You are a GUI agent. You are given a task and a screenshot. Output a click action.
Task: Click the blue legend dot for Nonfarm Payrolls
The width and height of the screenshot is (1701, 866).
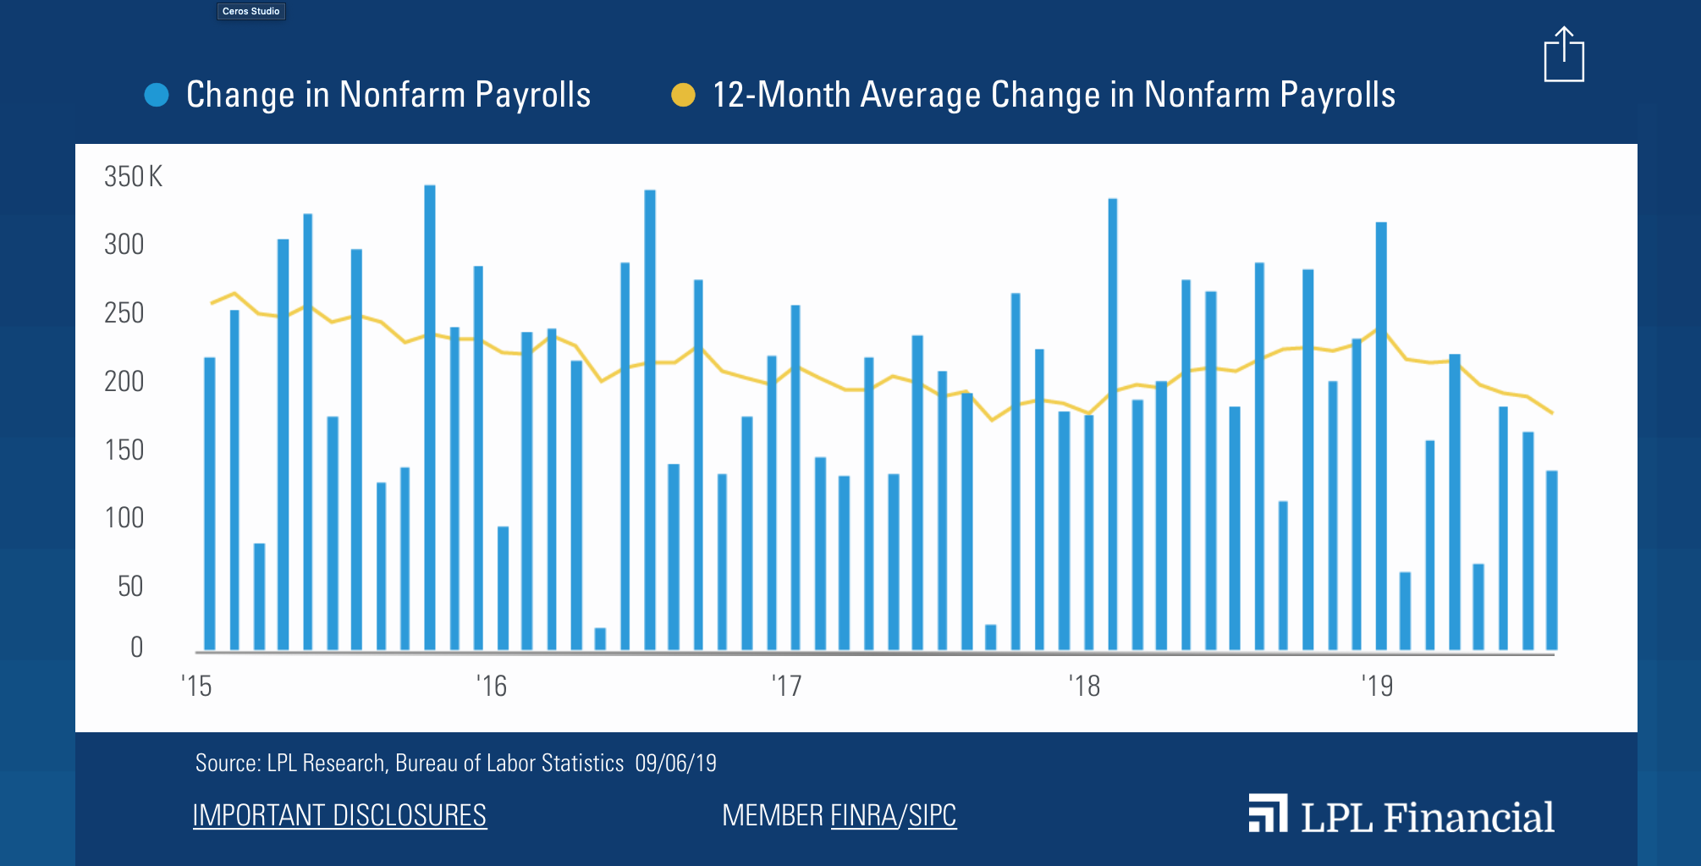[x=157, y=95]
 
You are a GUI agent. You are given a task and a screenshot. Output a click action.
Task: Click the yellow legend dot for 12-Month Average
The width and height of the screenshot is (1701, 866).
[x=683, y=95]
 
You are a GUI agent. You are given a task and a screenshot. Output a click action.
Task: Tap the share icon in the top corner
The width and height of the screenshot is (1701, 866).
[x=1563, y=55]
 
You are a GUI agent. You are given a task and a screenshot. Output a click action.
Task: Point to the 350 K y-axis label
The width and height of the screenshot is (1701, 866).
[x=133, y=176]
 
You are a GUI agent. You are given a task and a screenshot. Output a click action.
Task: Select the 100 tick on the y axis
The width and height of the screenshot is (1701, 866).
[x=124, y=517]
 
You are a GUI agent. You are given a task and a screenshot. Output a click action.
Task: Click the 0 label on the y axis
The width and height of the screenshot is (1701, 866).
[x=136, y=647]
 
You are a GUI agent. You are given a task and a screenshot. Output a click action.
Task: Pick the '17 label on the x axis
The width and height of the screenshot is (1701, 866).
[x=786, y=686]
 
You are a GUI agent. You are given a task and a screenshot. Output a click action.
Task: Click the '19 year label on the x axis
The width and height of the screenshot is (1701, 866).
[x=1377, y=686]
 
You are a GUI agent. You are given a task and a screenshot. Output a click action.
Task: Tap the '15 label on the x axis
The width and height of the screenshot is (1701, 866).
[x=196, y=686]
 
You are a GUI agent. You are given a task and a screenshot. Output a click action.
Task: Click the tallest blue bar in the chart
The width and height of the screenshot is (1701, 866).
[x=430, y=415]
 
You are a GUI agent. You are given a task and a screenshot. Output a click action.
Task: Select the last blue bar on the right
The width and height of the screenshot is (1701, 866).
[x=1552, y=559]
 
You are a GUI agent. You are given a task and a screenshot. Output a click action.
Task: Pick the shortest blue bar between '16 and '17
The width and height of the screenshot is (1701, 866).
[x=600, y=638]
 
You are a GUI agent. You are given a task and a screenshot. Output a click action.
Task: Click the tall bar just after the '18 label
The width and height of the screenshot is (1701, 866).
[x=1113, y=423]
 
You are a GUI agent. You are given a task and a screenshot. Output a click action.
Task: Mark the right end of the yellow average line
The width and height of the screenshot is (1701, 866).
[x=1552, y=413]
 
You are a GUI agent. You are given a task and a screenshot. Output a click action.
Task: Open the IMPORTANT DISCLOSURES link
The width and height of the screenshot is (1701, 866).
[x=339, y=815]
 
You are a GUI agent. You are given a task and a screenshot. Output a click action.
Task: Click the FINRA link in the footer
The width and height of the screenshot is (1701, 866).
[x=863, y=815]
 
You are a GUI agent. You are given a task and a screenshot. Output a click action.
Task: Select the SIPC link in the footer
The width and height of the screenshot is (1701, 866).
[x=932, y=815]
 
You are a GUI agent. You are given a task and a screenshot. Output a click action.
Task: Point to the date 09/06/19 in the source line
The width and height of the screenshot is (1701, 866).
[x=675, y=764]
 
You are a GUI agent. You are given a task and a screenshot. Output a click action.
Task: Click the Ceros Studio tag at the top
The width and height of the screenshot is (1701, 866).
[x=250, y=11]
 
